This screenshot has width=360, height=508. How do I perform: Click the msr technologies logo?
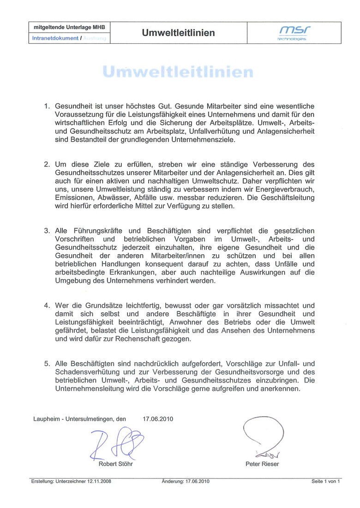pyautogui.click(x=294, y=33)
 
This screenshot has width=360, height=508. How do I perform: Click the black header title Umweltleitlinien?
pyautogui.click(x=179, y=33)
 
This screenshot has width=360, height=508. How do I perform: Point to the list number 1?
pyautogui.click(x=47, y=106)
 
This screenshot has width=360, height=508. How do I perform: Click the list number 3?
pyautogui.click(x=47, y=231)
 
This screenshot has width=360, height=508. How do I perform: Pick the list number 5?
pyautogui.click(x=47, y=364)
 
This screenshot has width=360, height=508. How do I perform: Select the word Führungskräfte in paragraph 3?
pyautogui.click(x=92, y=231)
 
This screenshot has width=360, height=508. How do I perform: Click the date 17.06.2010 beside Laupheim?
pyautogui.click(x=158, y=419)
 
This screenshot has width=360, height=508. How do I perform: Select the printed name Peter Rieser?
pyautogui.click(x=262, y=464)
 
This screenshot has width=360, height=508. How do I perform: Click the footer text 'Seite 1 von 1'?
pyautogui.click(x=326, y=481)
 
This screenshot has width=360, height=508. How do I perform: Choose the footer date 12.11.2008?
pyautogui.click(x=96, y=481)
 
